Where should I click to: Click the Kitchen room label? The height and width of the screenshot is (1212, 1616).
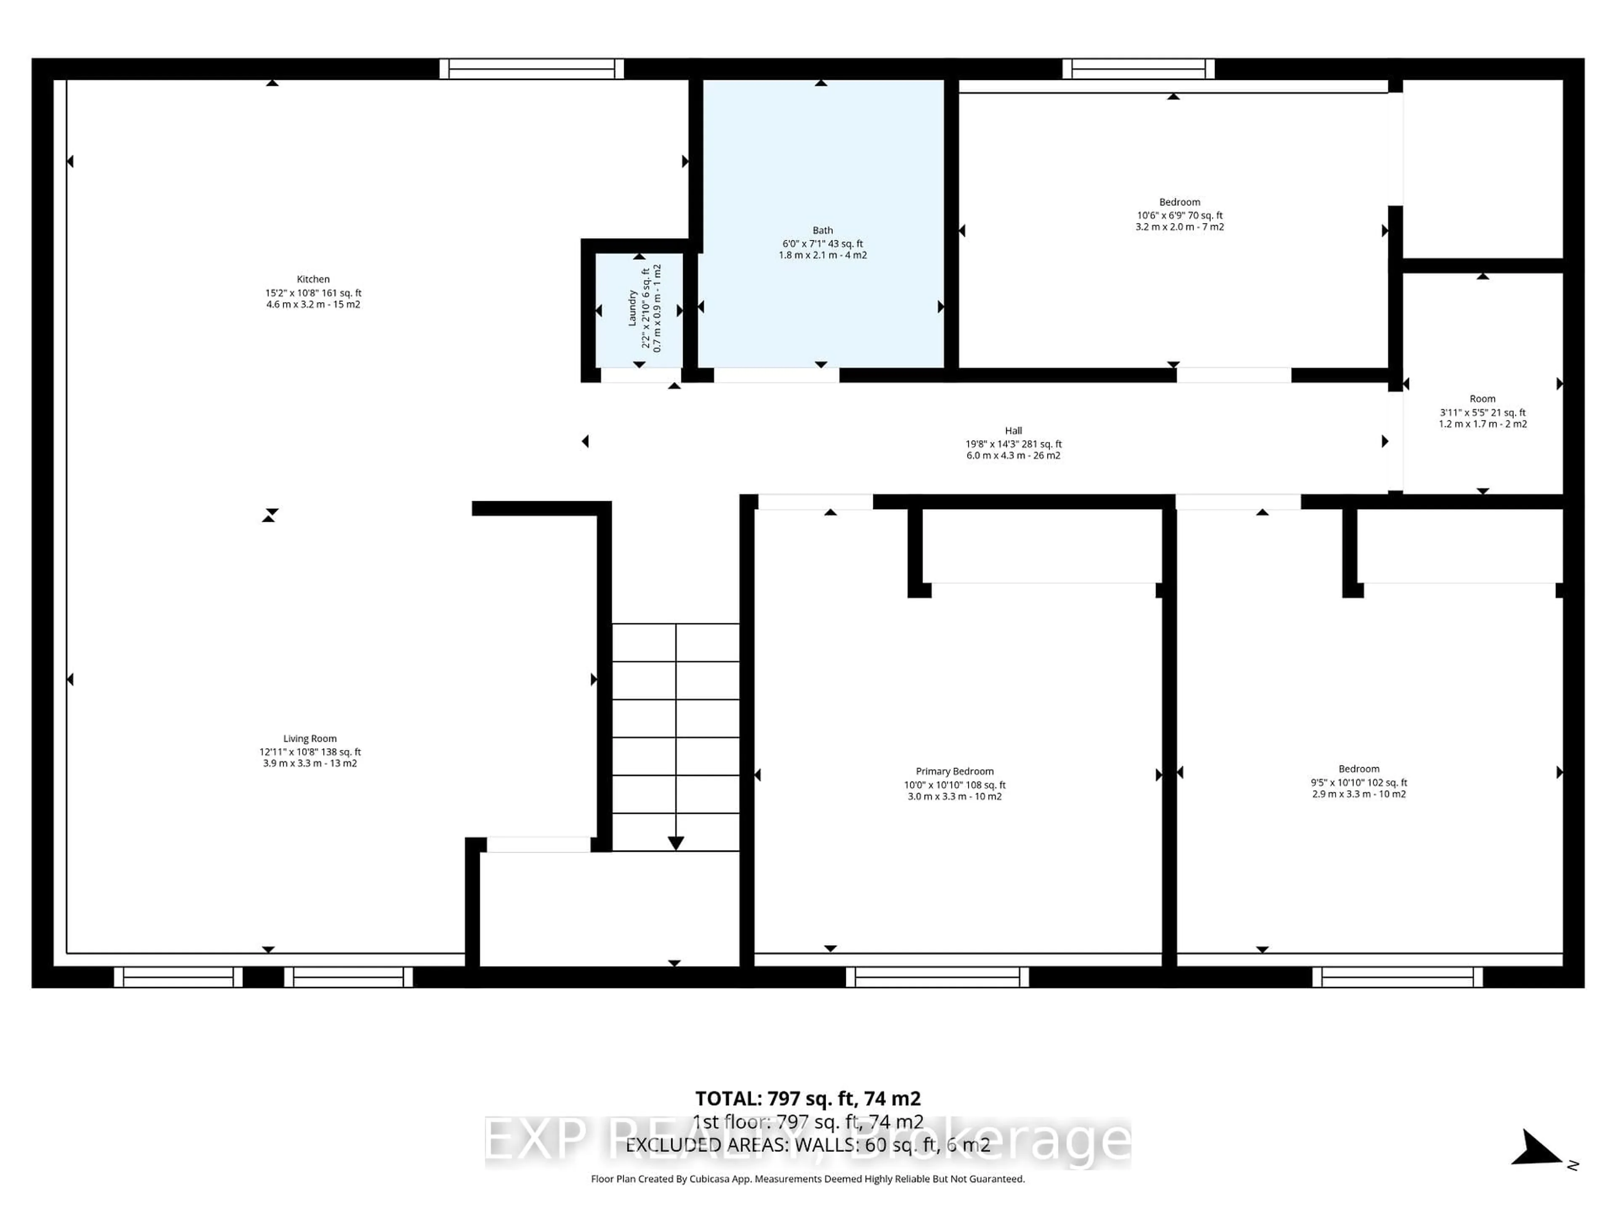tap(313, 279)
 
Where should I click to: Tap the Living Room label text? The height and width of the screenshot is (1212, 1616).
tap(310, 739)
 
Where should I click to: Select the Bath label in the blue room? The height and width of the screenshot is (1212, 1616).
tap(823, 230)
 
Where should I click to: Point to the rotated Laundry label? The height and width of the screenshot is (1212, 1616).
tap(633, 308)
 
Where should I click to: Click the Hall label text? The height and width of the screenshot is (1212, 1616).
tap(1013, 430)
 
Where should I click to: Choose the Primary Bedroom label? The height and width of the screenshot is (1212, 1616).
tap(954, 771)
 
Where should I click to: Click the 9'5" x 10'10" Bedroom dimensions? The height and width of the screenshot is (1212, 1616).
tap(1358, 782)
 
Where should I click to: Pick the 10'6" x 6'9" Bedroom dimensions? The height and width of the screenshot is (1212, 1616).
tap(1179, 215)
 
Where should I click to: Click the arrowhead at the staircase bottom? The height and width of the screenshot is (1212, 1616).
tap(676, 843)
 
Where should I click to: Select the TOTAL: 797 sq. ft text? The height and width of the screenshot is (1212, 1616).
tap(807, 1099)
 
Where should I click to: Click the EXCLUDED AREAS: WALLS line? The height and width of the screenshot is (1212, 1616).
tap(807, 1145)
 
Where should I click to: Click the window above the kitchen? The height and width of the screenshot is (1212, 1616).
tap(532, 69)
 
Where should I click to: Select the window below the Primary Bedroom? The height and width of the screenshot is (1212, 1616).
tap(937, 977)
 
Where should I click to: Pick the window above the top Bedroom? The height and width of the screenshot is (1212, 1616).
tap(1138, 69)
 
